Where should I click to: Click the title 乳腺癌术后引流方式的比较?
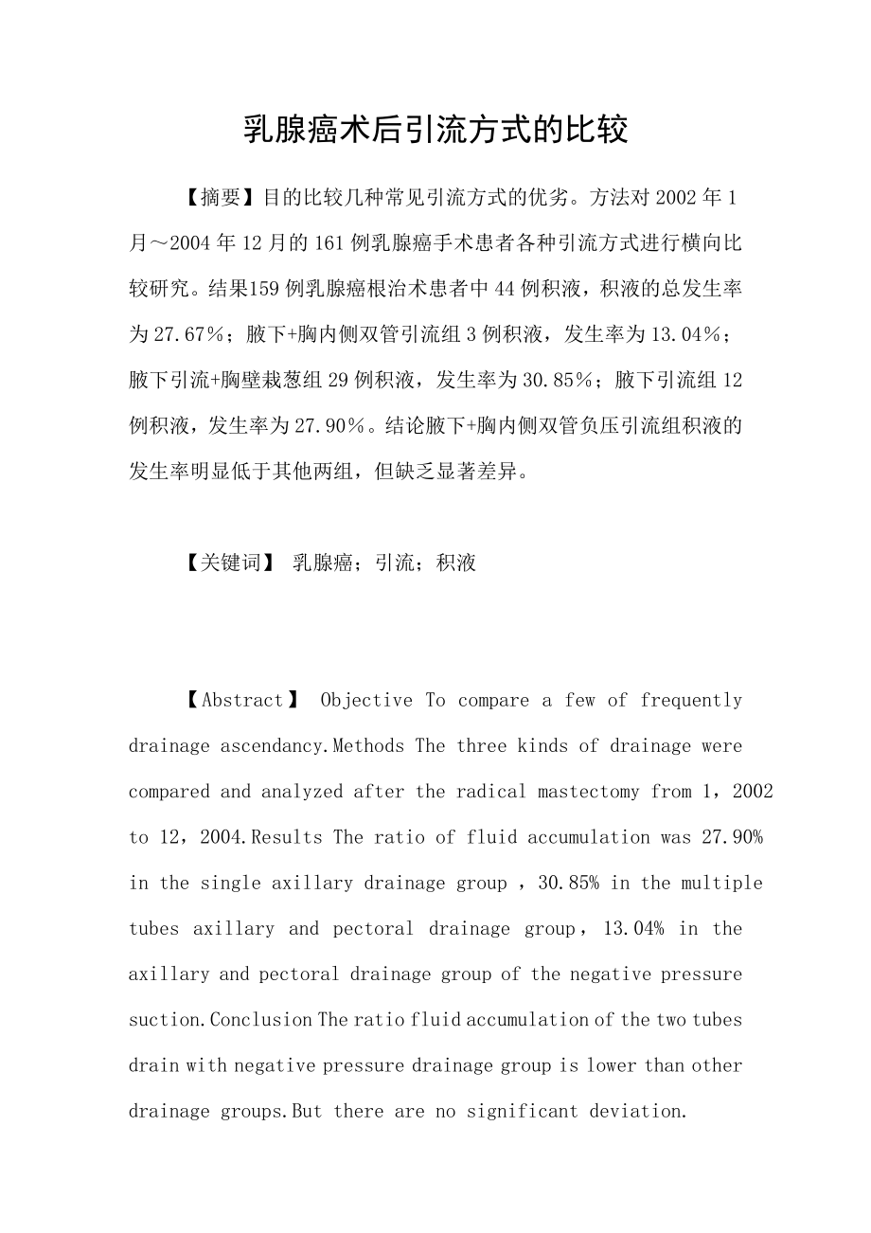[435, 129]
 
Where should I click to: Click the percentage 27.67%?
[189, 334]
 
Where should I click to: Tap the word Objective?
[366, 701]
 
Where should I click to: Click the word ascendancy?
[275, 746]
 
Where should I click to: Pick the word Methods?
[372, 746]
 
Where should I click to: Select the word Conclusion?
[261, 1020]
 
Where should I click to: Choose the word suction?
[167, 1020]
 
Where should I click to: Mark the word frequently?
[691, 701]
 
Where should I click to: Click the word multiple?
[723, 883]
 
